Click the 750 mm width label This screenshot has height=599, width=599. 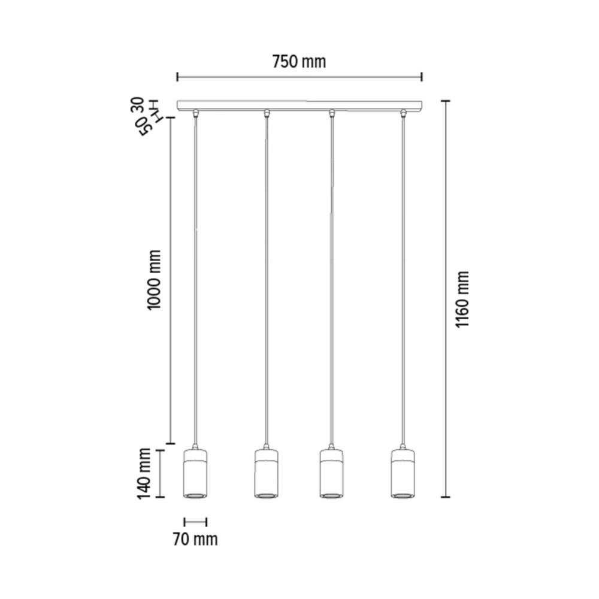(299, 62)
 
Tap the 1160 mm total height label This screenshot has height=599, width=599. (462, 299)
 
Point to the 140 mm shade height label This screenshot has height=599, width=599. (145, 474)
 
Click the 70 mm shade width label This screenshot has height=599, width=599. (195, 539)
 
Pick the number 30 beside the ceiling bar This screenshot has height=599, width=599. (138, 105)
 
